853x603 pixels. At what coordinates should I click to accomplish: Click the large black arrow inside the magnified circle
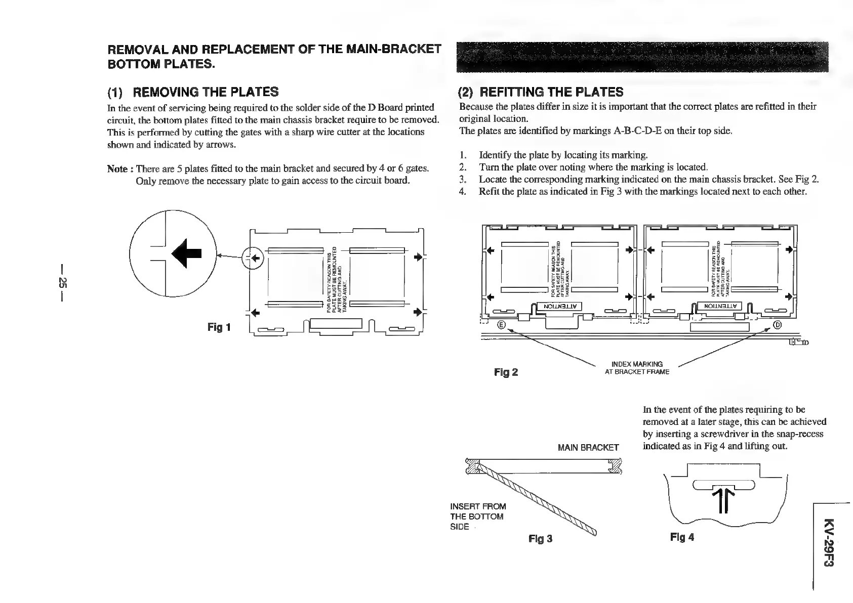(x=187, y=253)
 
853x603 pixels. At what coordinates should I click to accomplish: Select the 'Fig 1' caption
(x=219, y=327)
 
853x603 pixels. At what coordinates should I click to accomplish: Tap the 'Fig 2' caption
(x=506, y=372)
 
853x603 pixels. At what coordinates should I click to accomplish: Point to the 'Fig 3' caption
(x=540, y=539)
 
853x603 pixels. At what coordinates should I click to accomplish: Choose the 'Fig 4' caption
(x=682, y=537)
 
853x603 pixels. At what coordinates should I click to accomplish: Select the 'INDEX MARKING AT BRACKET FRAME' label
(x=637, y=368)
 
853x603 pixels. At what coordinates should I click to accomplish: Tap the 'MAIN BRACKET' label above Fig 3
(x=588, y=447)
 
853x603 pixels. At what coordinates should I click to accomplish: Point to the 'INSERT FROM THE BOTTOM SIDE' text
(x=477, y=516)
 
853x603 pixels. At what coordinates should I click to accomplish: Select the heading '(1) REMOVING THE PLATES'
(x=193, y=92)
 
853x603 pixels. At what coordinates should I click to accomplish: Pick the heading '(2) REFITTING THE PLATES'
(x=540, y=92)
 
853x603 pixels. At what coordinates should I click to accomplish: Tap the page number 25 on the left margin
(x=62, y=282)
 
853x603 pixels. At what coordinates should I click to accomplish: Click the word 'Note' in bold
(x=117, y=168)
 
